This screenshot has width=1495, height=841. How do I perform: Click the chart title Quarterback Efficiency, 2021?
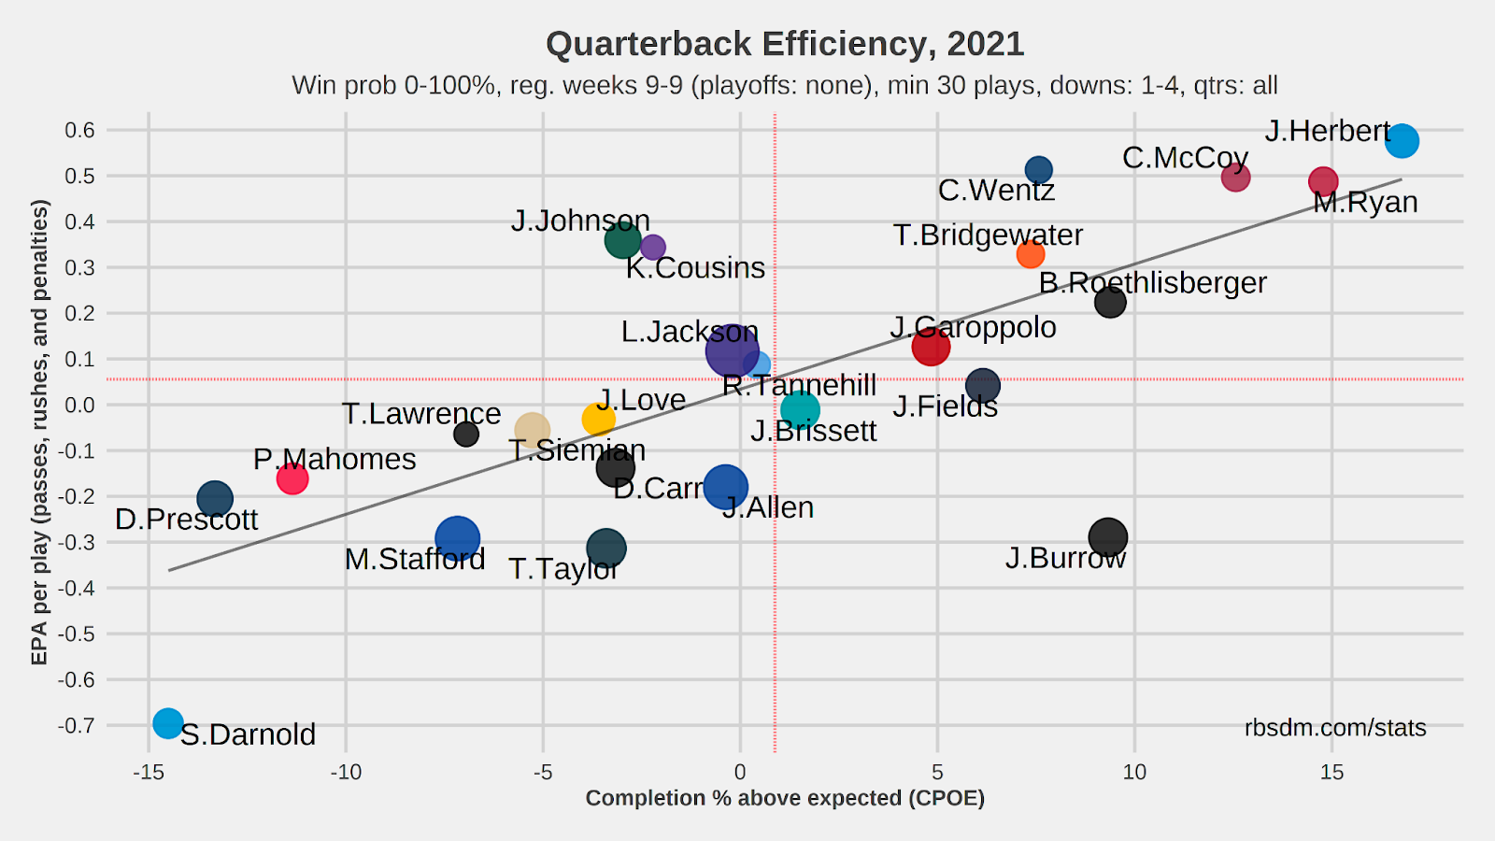(785, 44)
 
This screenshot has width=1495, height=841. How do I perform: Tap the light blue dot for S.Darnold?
(167, 722)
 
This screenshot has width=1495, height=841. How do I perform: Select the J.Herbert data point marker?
(1402, 141)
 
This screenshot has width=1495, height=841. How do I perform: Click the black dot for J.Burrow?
(1108, 537)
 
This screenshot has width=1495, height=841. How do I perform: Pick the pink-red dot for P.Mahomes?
(292, 478)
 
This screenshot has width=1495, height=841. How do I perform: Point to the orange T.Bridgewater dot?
(1030, 253)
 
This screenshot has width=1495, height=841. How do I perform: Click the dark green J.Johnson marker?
(622, 241)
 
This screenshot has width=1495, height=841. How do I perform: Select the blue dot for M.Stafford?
(457, 538)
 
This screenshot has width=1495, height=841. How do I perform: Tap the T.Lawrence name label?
(421, 413)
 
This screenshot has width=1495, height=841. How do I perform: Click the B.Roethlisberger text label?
(1153, 282)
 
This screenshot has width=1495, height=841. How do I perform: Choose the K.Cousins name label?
(695, 268)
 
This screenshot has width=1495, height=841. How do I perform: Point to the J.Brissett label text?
(813, 431)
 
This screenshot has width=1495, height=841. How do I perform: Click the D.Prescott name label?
(186, 520)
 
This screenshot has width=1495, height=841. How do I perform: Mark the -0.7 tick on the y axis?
(77, 726)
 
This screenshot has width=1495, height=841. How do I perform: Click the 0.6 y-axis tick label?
(80, 130)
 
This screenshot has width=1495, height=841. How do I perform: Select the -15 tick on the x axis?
(148, 773)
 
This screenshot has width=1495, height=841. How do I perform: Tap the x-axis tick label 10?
(1134, 773)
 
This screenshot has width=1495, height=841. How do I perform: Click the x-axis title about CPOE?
(785, 798)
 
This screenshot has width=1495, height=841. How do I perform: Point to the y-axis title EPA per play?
(39, 432)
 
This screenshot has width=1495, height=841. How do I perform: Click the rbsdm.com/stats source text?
(1335, 728)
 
